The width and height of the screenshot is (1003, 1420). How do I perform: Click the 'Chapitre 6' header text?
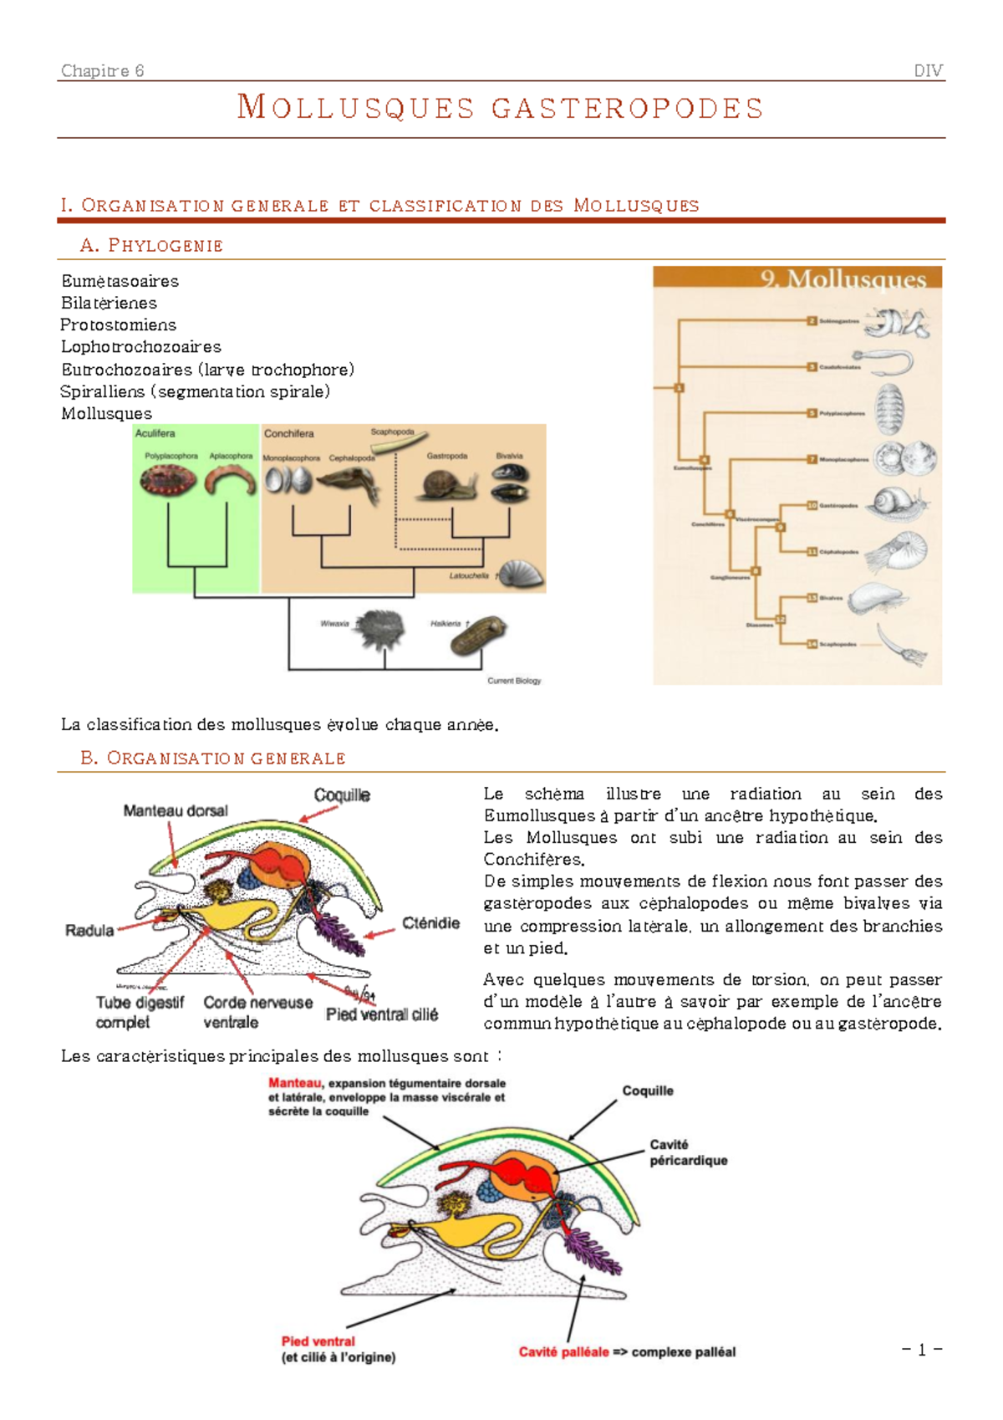coord(102,71)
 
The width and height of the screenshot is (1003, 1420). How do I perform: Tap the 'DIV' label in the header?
coord(929,71)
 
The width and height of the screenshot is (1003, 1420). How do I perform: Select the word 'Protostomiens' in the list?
coord(118,324)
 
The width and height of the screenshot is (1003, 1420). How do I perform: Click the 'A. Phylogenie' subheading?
coord(151,245)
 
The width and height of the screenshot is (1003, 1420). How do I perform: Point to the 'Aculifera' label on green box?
coord(155,433)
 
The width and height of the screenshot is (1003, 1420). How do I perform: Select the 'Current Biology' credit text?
coord(514,681)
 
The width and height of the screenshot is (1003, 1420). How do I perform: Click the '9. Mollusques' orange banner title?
coord(843,278)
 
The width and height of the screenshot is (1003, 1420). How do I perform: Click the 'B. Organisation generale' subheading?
coord(213,758)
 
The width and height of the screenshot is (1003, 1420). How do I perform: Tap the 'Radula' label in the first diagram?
coord(89,930)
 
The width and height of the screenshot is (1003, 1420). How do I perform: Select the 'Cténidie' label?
coord(430,922)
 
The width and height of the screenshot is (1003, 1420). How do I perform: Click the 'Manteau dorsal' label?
coord(176,810)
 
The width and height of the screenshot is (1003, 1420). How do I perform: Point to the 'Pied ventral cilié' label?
coord(382,1014)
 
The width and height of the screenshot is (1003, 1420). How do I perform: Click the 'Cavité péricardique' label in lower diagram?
coord(688,1152)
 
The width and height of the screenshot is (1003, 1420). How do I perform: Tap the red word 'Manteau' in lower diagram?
coord(295,1083)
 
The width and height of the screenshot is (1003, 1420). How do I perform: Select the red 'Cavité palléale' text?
coord(563,1351)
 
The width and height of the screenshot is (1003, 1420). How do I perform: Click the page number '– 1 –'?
coord(922,1349)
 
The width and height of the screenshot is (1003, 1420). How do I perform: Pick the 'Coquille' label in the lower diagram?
coord(647,1091)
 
